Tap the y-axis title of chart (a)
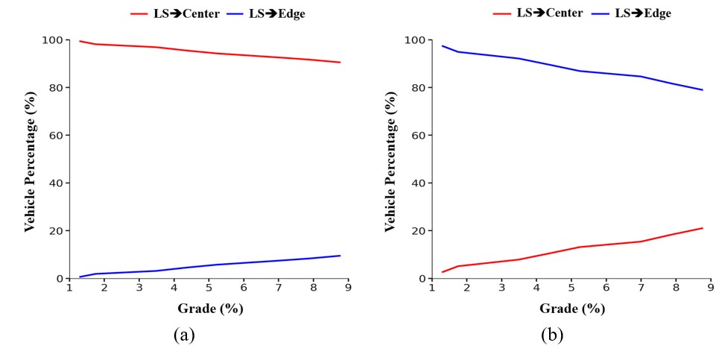point(30,160)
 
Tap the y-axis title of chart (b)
point(390,160)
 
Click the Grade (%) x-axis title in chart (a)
point(210,308)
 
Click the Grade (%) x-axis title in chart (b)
point(571,308)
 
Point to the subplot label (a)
point(183,335)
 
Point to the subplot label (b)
point(552,335)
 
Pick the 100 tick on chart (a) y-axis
point(54,40)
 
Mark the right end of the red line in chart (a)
point(341,63)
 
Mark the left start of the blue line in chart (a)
point(79,277)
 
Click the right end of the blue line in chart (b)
point(703,90)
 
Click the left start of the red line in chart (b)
point(442,272)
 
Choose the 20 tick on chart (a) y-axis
point(57,230)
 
